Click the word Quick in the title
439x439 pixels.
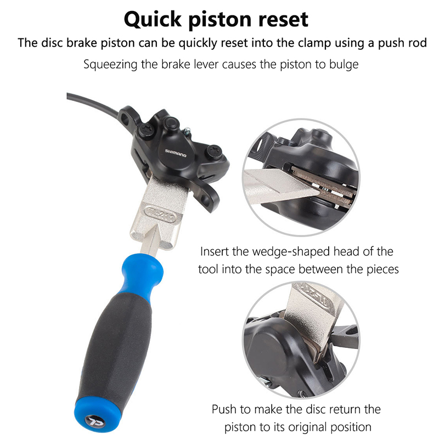click(153, 19)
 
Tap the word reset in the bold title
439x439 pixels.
click(283, 19)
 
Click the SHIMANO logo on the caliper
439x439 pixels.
click(176, 153)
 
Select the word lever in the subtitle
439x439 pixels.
click(205, 64)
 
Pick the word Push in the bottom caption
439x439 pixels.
click(226, 409)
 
